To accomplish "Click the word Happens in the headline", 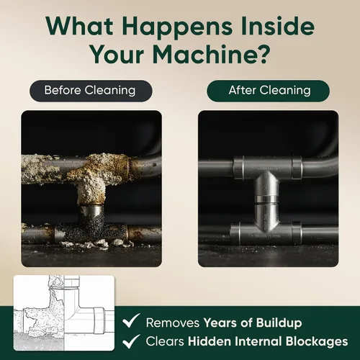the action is (x=177, y=27).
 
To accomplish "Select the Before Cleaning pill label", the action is (x=91, y=91).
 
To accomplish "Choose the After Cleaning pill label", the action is (x=268, y=91).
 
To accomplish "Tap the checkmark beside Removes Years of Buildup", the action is (x=131, y=320).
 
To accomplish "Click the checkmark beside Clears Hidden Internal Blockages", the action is (x=131, y=341).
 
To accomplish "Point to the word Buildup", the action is (x=279, y=323).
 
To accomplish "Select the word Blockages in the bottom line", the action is (x=317, y=342).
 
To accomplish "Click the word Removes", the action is (x=173, y=323).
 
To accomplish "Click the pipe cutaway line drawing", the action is (x=64, y=312).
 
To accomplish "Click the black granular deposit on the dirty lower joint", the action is (x=91, y=228).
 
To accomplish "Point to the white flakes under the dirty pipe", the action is (x=96, y=244).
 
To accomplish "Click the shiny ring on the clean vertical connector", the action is (x=266, y=199).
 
